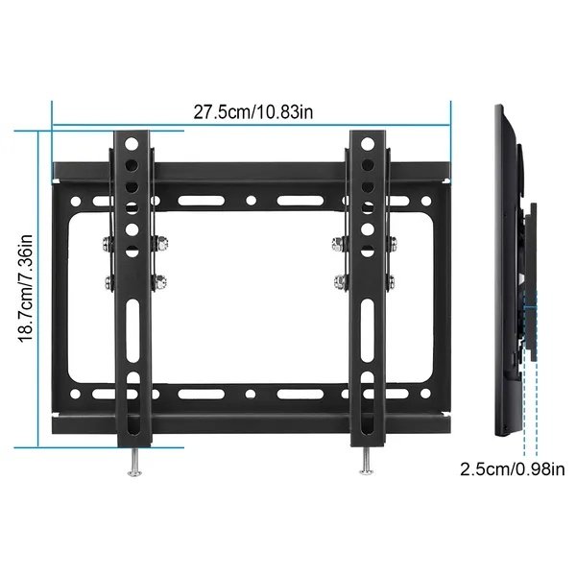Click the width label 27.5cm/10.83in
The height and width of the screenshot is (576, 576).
(x=252, y=111)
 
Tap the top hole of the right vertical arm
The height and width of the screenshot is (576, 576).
(x=367, y=144)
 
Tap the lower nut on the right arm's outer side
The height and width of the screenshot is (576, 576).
(x=395, y=280)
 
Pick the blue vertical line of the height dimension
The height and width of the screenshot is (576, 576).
(x=39, y=288)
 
